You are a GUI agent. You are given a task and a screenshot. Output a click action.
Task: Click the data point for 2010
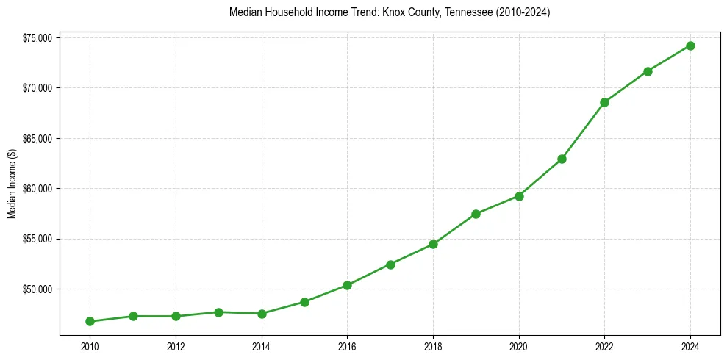(90, 321)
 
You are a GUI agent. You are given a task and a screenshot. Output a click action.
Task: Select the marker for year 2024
(690, 46)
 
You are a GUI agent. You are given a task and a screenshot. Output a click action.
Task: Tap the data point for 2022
(604, 102)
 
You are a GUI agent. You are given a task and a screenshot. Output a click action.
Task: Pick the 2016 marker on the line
(347, 285)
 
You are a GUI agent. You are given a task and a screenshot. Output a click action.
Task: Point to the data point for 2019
(476, 214)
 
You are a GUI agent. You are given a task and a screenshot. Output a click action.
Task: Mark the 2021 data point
(562, 159)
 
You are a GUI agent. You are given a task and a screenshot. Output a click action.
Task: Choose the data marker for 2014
(261, 314)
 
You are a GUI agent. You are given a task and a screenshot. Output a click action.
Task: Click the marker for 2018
(433, 244)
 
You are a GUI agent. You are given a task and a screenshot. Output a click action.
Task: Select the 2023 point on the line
(648, 71)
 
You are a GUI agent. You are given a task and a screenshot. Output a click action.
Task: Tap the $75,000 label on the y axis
(36, 38)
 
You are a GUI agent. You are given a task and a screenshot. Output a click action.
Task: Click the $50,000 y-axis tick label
(36, 289)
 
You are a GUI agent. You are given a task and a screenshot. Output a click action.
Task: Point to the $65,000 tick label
(36, 139)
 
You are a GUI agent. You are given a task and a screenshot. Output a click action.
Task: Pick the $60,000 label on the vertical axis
(36, 189)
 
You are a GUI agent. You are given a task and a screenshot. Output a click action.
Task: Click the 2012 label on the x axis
(175, 346)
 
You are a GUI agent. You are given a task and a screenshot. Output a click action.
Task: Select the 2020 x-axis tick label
(519, 346)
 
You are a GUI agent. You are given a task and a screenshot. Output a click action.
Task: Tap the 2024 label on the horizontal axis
(690, 346)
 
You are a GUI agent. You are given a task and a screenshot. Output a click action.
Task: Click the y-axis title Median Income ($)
(12, 184)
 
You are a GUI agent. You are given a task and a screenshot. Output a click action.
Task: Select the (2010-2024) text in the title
(523, 13)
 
